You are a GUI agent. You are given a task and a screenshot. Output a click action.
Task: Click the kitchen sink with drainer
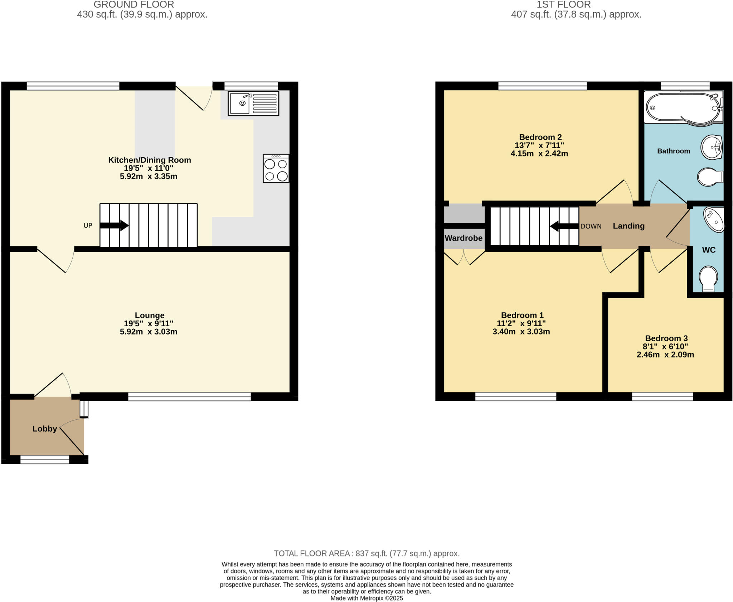(253, 103)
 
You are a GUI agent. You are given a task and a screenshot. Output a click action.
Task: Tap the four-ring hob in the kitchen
(276, 168)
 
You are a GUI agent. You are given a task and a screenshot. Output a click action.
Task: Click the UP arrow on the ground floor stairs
(114, 225)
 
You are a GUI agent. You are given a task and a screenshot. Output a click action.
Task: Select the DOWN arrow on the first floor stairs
(564, 226)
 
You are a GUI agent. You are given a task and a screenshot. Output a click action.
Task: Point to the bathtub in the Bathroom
(682, 107)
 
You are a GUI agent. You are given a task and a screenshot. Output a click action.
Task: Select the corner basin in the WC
(714, 220)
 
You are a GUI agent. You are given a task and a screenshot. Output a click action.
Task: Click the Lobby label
(45, 429)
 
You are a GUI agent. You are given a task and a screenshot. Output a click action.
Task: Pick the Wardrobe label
(463, 238)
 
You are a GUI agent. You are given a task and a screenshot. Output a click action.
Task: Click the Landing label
(628, 226)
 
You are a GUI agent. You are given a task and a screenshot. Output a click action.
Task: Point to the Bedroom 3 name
(666, 338)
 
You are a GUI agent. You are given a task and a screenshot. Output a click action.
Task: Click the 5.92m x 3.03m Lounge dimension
(149, 332)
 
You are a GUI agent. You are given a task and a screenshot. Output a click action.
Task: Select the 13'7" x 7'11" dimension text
(539, 145)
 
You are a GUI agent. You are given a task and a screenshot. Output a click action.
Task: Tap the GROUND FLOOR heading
(134, 5)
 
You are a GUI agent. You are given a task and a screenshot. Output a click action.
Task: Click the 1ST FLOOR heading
(563, 5)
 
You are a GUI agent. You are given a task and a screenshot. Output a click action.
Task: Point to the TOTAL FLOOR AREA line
(366, 553)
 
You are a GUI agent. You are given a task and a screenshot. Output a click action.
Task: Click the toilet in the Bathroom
(709, 177)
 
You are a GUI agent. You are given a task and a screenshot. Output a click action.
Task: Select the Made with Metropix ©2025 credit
(366, 598)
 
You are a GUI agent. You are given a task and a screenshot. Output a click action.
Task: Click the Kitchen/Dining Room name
(150, 160)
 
